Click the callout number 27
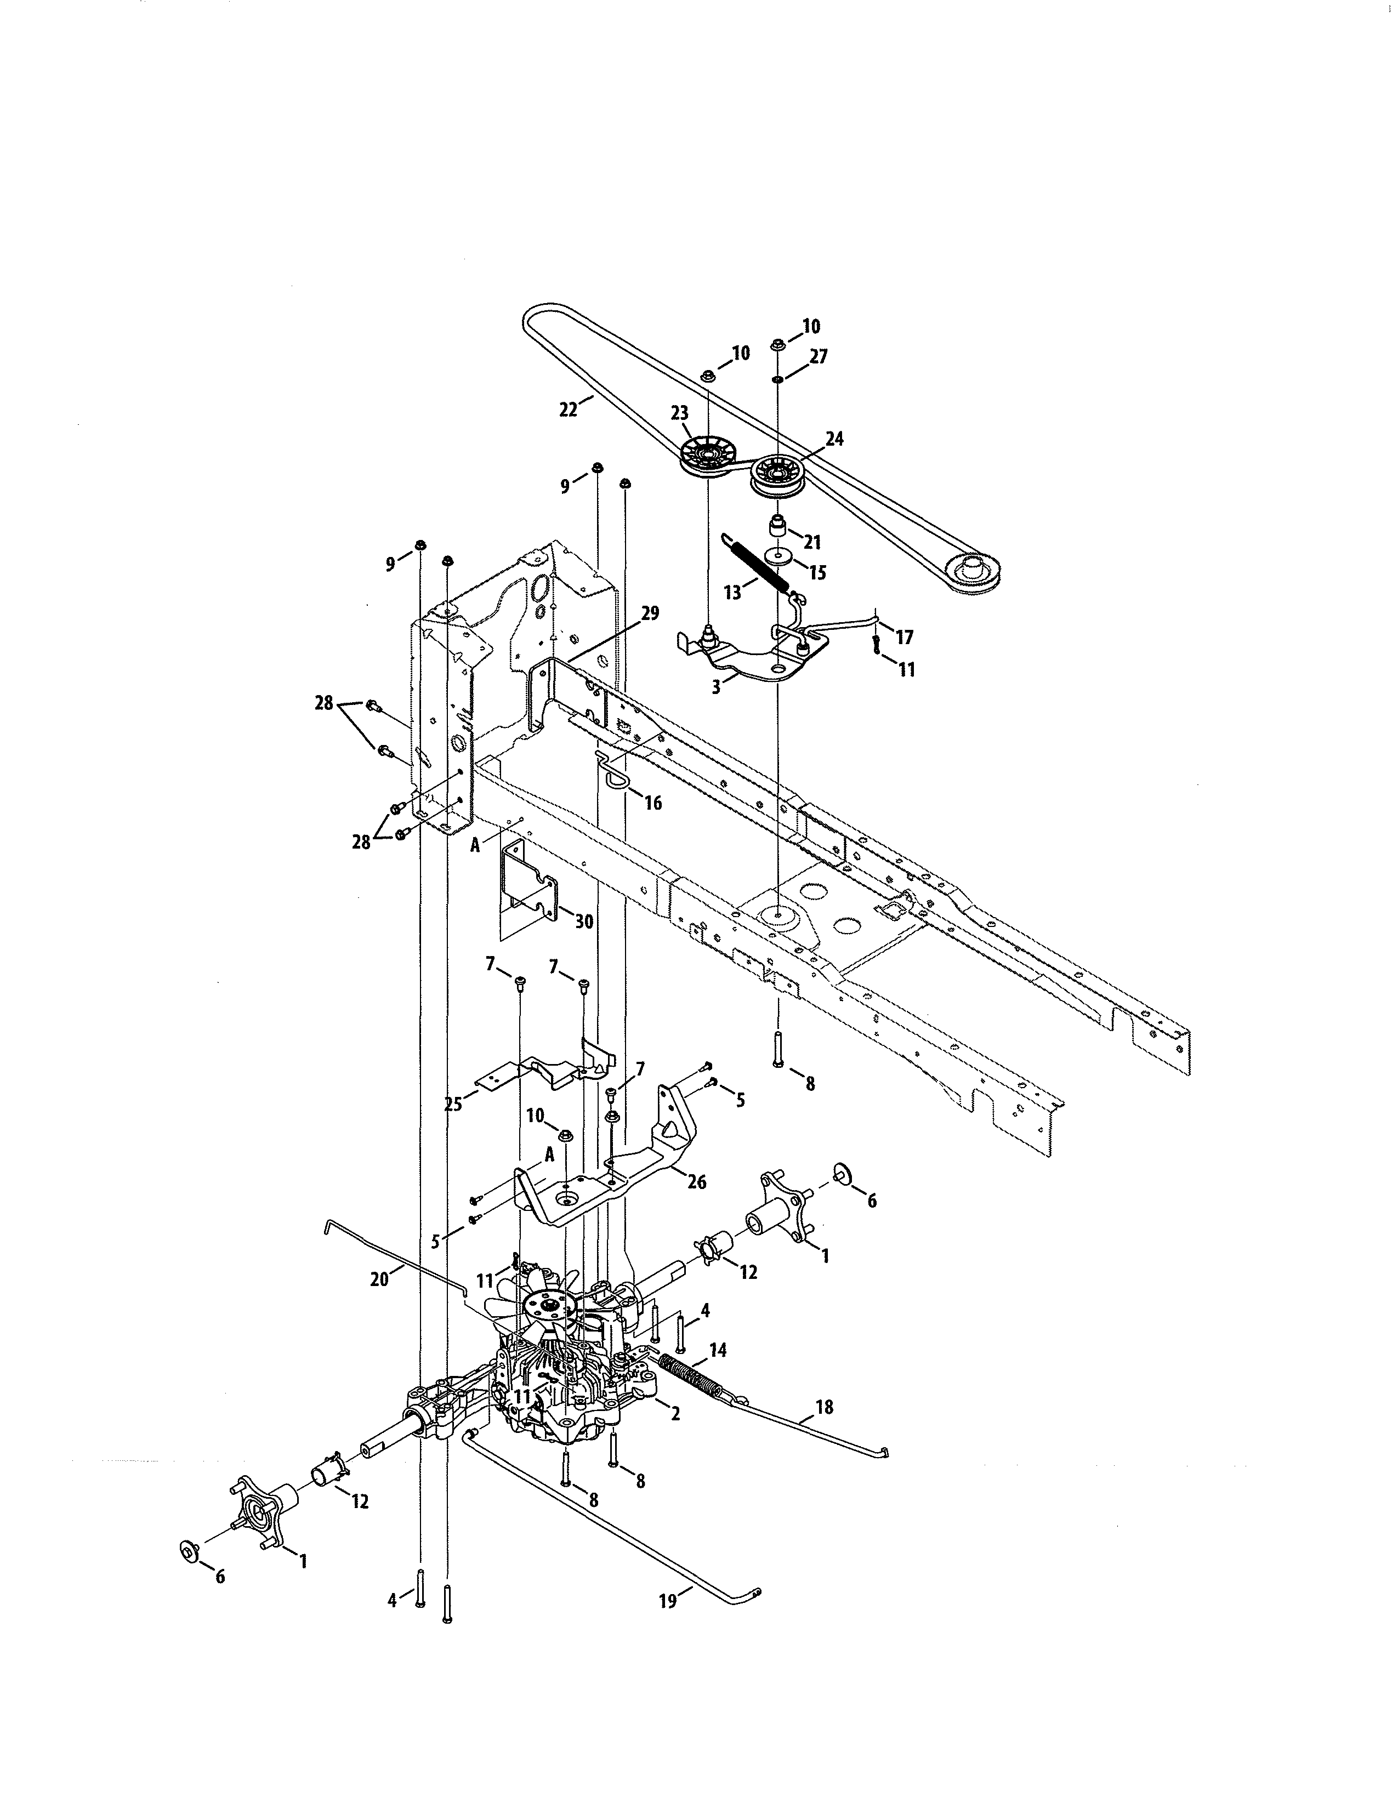click(819, 357)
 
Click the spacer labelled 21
click(778, 527)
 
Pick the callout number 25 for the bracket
click(453, 1104)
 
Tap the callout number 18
click(824, 1407)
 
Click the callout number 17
click(905, 637)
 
